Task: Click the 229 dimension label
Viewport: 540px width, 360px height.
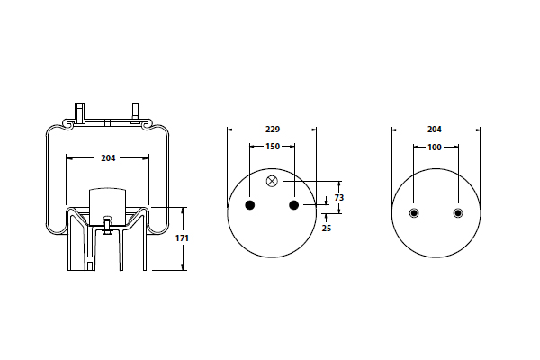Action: point(273,130)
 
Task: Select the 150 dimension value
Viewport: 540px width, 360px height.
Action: point(273,147)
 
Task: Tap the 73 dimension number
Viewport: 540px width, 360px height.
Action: point(339,198)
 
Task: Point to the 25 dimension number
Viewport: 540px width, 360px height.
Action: point(326,228)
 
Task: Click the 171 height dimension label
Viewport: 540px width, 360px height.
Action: point(182,238)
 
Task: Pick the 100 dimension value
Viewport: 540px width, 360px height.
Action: point(435,148)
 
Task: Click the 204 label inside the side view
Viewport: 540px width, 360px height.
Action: point(108,158)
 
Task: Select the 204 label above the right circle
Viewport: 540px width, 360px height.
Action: point(435,130)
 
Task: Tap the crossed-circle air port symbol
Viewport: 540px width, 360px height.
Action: point(272,181)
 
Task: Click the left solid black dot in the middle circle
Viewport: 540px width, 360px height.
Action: point(249,205)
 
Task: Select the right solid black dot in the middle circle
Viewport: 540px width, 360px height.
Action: point(293,205)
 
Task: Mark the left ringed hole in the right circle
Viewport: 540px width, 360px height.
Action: point(414,213)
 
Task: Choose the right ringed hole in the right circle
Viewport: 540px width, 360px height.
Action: point(458,213)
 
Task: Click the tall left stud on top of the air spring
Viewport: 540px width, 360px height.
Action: point(80,113)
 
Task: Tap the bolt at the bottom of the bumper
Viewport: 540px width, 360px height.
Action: point(107,226)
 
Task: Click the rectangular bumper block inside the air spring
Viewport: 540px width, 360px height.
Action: point(107,206)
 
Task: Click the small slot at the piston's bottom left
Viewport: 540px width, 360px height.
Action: point(90,266)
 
